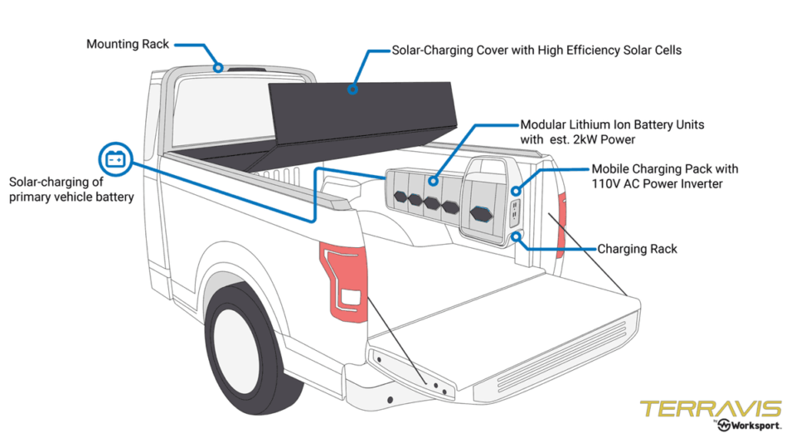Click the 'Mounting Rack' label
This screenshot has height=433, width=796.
(127, 44)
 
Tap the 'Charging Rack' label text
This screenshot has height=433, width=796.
(637, 249)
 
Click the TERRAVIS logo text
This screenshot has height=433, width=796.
(710, 409)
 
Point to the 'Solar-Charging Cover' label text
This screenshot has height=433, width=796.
(536, 51)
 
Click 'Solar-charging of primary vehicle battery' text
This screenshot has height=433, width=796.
(71, 189)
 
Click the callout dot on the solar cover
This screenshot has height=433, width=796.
(352, 88)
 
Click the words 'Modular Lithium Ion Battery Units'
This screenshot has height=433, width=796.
(612, 124)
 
